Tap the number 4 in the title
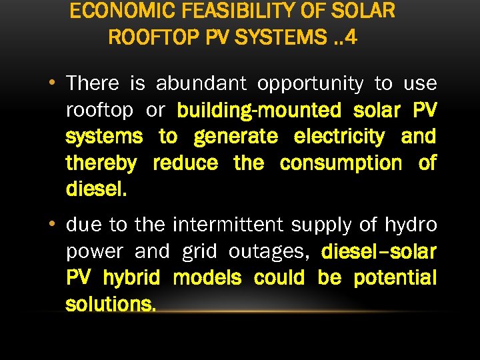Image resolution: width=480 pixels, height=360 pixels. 351,37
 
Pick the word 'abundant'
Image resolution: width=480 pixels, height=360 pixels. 201,84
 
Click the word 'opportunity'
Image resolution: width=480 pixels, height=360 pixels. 311,84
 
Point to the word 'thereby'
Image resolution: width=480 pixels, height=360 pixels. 101,163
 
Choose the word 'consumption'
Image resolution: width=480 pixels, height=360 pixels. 341,163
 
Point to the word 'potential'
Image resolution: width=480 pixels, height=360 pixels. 395,278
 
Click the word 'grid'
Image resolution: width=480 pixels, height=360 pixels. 199,251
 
